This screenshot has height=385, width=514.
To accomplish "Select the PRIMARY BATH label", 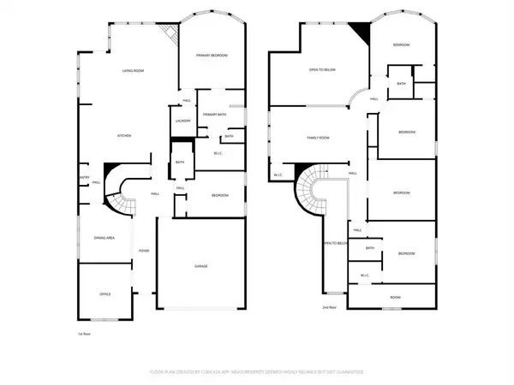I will point(214,114).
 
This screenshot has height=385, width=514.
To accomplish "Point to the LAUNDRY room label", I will point(182,121).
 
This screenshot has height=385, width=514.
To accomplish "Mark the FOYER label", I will point(145,251).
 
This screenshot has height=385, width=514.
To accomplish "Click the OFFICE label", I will point(105,293).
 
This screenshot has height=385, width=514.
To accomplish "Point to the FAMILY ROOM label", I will point(320,137).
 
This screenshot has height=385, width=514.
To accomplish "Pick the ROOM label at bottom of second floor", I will point(395,298).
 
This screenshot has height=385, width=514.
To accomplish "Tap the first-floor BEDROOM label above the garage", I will point(219,196).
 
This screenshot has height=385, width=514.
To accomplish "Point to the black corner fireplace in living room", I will point(172,33).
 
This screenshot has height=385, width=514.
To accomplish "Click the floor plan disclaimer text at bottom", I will point(257,372).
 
